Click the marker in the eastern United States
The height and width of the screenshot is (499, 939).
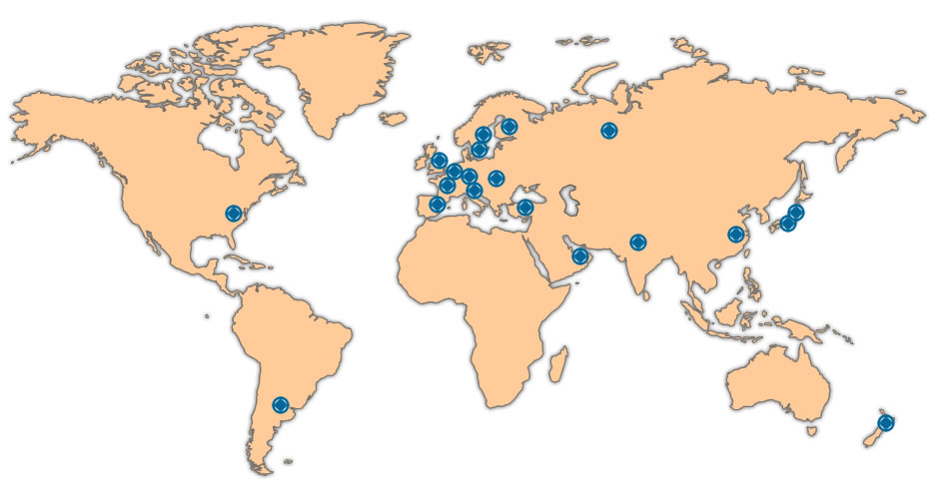[234, 213]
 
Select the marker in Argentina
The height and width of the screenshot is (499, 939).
[281, 405]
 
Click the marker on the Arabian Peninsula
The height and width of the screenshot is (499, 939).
[580, 256]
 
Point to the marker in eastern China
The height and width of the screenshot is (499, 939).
[737, 235]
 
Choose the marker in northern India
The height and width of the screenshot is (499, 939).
[638, 242]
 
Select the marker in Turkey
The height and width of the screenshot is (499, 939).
[525, 208]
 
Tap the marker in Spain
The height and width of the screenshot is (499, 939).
[438, 205]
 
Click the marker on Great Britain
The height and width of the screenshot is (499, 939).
[440, 161]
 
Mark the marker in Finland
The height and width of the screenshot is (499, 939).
[509, 127]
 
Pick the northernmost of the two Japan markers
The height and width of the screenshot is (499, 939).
[796, 213]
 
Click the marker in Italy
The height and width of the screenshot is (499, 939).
[474, 191]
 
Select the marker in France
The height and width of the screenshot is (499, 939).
[448, 186]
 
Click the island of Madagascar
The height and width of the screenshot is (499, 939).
[560, 364]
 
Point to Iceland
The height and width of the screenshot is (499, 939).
[394, 119]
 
